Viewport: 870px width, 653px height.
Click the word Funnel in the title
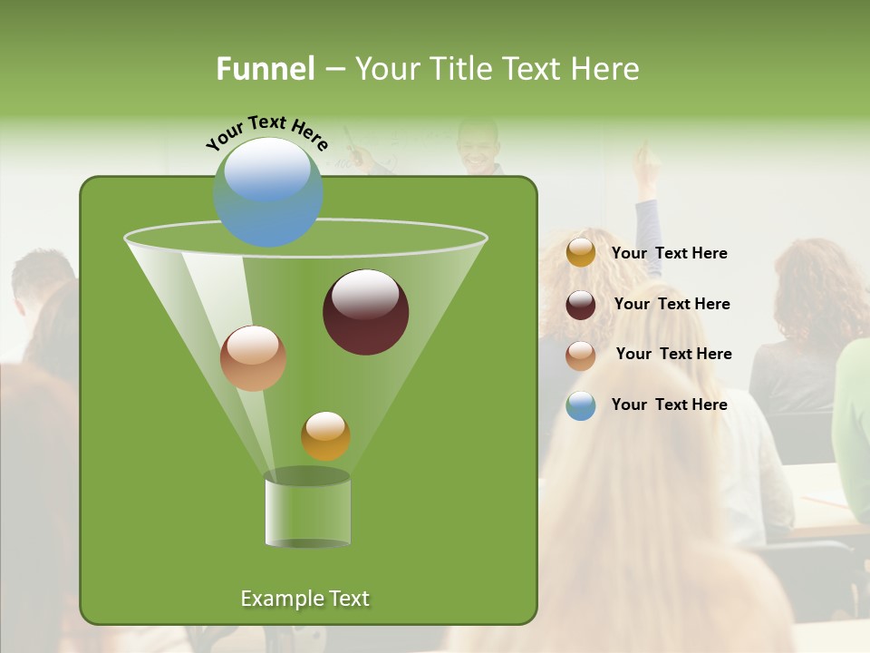coord(265,69)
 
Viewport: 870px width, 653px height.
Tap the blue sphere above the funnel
coord(268,191)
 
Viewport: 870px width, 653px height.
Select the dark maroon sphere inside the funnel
coord(365,311)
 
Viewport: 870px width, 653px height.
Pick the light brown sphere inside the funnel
coord(253,357)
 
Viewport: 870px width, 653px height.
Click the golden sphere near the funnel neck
coord(325,435)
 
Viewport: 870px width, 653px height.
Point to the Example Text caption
coord(304,599)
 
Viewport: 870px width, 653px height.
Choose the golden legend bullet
coord(580,253)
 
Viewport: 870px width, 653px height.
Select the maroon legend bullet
coord(580,305)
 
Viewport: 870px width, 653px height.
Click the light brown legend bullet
coord(580,355)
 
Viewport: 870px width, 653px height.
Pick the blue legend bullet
coord(580,405)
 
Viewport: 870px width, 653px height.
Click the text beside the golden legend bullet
coord(669,254)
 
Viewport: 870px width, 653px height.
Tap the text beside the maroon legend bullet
coord(672,305)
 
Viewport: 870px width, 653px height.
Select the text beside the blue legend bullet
coord(669,404)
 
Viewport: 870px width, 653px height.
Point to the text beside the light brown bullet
coord(673,354)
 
